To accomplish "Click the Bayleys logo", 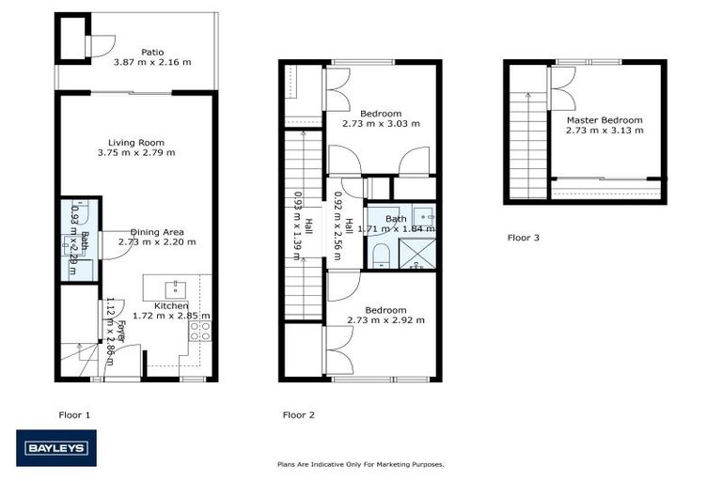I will (x=55, y=448).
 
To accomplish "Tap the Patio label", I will (x=152, y=52).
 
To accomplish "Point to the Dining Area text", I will (x=157, y=231).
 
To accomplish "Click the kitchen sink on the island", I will (x=176, y=287).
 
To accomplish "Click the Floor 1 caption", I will (x=74, y=413).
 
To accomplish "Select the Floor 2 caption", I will (x=299, y=413).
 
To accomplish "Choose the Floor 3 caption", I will (x=524, y=238).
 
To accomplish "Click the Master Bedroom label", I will (x=604, y=120).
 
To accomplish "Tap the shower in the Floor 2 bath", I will (x=418, y=255).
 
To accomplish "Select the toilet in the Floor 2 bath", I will (x=380, y=255).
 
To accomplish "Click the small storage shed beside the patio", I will (x=71, y=38).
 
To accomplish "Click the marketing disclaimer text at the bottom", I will (x=360, y=464).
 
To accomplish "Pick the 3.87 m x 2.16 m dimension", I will (x=152, y=62).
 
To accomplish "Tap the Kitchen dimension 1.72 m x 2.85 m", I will (x=171, y=317).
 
